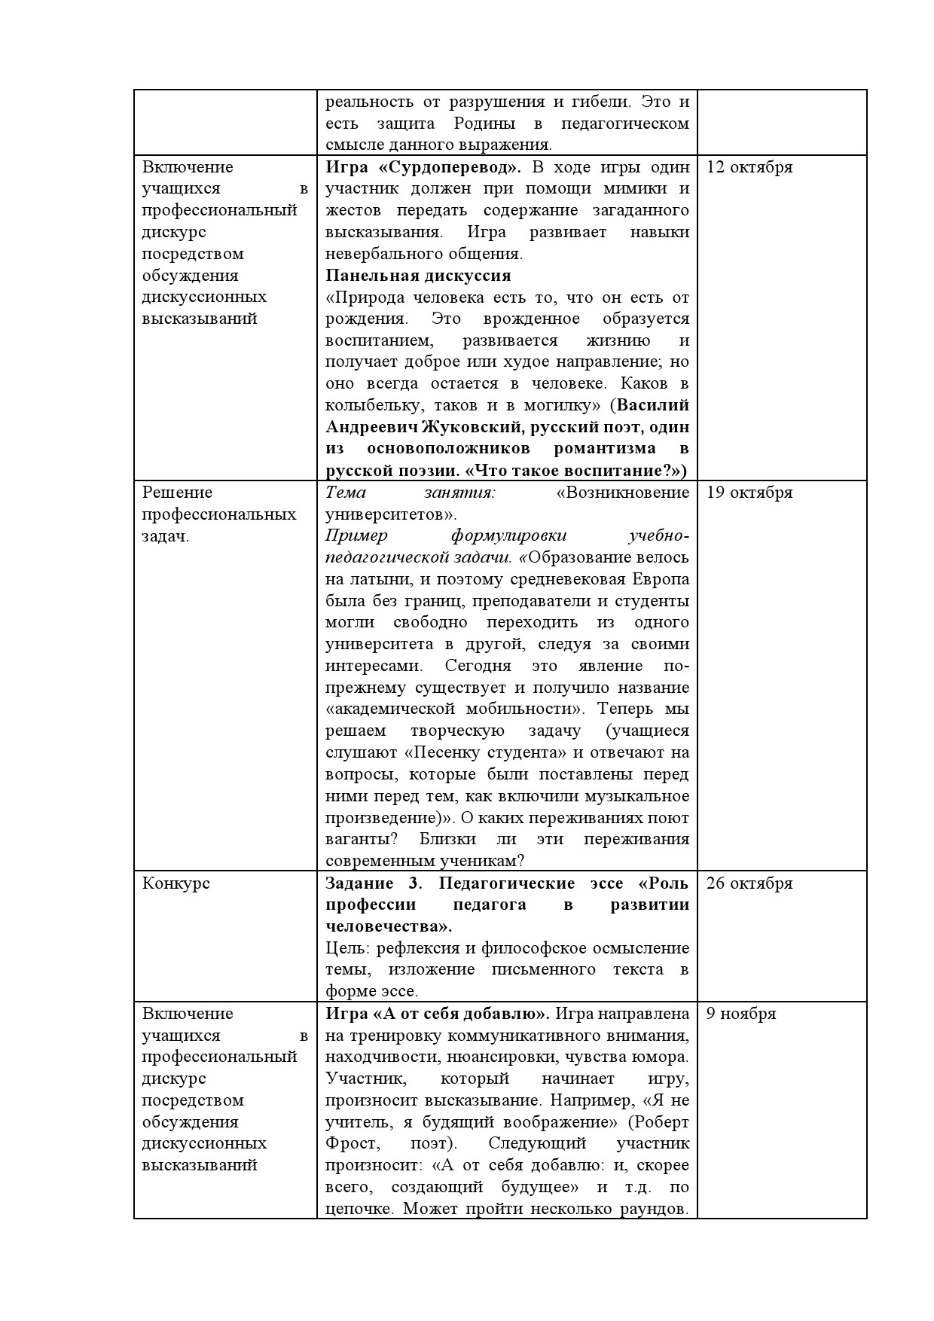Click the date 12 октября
[x=749, y=167]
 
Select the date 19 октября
[x=749, y=493]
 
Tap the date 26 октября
[x=749, y=883]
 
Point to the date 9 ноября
[x=741, y=1014]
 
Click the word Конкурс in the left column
[x=176, y=883]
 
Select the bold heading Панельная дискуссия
[x=418, y=276]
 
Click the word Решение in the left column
[x=178, y=493]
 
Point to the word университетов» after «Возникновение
[x=391, y=515]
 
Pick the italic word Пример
[x=356, y=536]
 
